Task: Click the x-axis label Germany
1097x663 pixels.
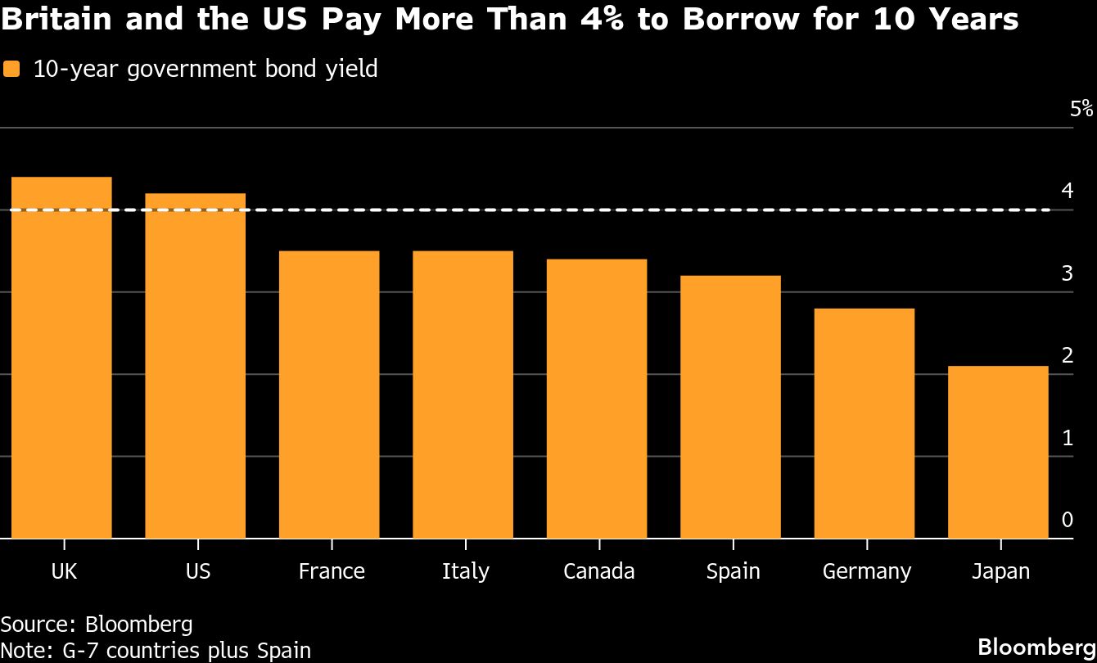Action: pos(866,571)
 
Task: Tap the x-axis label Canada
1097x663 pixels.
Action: pos(598,571)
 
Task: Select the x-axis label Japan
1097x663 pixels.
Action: pos(1000,571)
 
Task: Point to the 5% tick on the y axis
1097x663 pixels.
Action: pos(1081,109)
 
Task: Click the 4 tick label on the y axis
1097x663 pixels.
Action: pos(1067,191)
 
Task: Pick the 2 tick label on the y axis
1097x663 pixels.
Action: pos(1067,355)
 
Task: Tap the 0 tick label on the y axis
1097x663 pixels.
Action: pos(1067,520)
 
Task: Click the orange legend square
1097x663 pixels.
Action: pos(11,70)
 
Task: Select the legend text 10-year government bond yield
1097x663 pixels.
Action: pos(205,69)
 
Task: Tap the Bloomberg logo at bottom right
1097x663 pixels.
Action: pos(1036,646)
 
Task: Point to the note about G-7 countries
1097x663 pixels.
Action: pos(156,651)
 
